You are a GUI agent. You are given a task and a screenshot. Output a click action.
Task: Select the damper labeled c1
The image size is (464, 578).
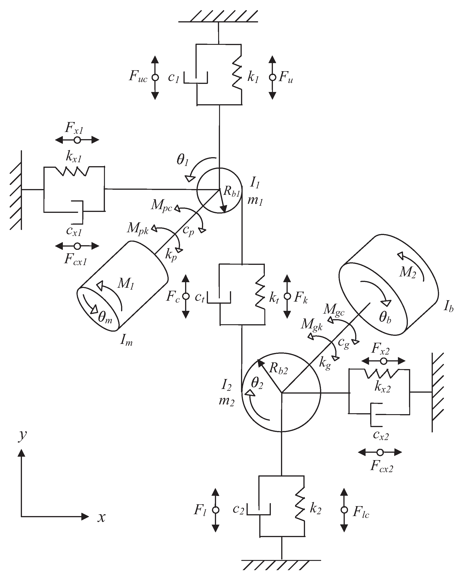click(x=196, y=78)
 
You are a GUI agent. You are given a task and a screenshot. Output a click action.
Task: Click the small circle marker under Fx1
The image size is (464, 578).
click(x=77, y=140)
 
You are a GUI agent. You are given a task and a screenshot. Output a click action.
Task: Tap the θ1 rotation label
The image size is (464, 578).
click(x=183, y=160)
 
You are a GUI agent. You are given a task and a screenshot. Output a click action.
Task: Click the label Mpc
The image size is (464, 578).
click(x=161, y=206)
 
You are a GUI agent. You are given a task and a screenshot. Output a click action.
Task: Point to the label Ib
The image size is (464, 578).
click(x=449, y=306)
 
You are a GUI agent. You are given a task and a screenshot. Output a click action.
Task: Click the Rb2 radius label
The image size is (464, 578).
click(x=278, y=369)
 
